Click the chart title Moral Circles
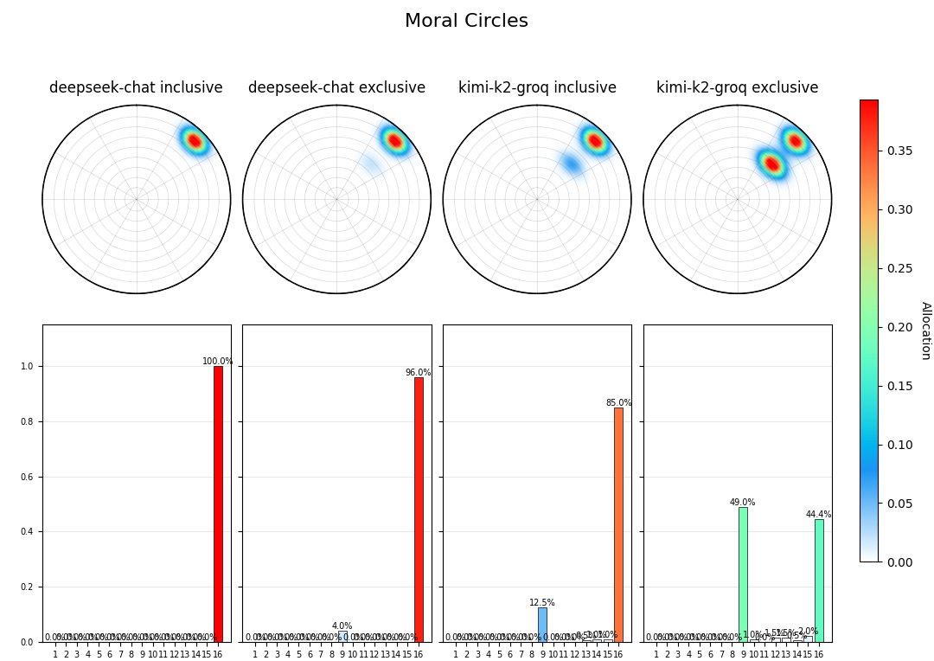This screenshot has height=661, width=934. click(466, 21)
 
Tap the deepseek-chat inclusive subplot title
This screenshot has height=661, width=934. click(136, 87)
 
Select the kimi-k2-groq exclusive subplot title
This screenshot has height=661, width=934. click(737, 87)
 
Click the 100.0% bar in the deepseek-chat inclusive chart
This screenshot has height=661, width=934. click(218, 504)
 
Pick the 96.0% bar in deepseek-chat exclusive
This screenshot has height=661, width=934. click(419, 510)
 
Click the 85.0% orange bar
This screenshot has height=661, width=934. click(618, 524)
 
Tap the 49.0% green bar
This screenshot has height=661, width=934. click(743, 574)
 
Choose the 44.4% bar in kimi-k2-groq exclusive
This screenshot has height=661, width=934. click(819, 581)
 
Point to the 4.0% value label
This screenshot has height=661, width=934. click(342, 626)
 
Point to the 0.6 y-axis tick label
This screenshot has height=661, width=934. click(27, 477)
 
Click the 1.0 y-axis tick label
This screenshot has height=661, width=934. click(27, 367)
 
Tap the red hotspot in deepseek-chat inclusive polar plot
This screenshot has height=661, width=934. click(194, 140)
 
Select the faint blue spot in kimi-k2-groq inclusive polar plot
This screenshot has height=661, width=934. click(571, 164)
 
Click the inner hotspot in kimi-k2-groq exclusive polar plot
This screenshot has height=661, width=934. click(771, 164)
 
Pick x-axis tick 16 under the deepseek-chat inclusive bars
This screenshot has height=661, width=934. click(218, 654)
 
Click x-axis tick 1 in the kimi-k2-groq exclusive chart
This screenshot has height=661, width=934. click(656, 654)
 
